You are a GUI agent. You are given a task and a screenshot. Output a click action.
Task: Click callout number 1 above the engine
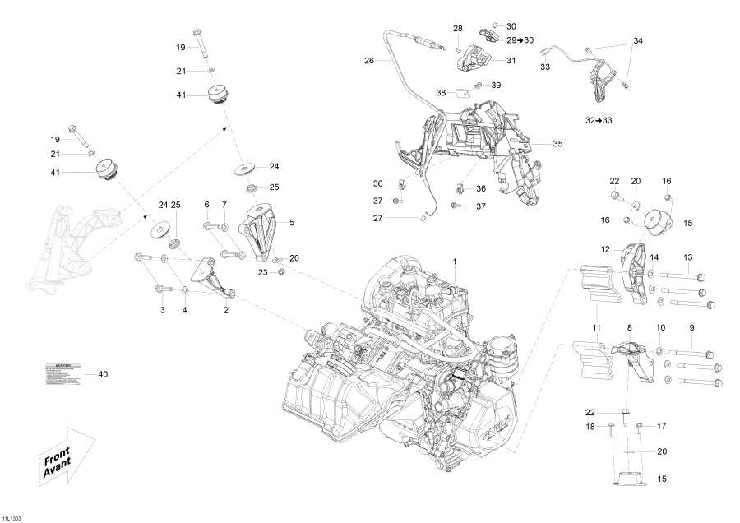click(x=452, y=261)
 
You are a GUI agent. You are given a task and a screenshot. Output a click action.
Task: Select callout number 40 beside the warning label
click(x=103, y=375)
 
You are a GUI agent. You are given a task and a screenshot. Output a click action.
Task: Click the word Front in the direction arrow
click(x=58, y=458)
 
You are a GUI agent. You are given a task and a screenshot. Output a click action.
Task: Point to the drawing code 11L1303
click(x=12, y=518)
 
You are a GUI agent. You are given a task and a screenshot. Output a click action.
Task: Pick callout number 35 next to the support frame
click(x=557, y=144)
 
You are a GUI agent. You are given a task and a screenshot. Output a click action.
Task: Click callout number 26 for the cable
click(x=369, y=60)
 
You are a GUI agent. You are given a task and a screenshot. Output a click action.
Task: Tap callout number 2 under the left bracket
click(x=226, y=310)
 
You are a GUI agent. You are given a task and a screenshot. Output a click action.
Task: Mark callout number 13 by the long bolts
click(x=687, y=257)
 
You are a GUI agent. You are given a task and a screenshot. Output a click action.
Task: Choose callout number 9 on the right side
click(x=691, y=328)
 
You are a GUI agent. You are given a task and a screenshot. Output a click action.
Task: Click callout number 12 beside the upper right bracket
click(x=604, y=248)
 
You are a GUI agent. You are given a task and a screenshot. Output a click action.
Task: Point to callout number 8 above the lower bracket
click(x=630, y=328)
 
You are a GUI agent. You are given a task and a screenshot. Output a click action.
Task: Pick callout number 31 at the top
click(x=511, y=60)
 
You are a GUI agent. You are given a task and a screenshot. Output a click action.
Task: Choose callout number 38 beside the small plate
click(x=441, y=93)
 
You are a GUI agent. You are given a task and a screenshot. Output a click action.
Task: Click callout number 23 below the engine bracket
click(x=262, y=271)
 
